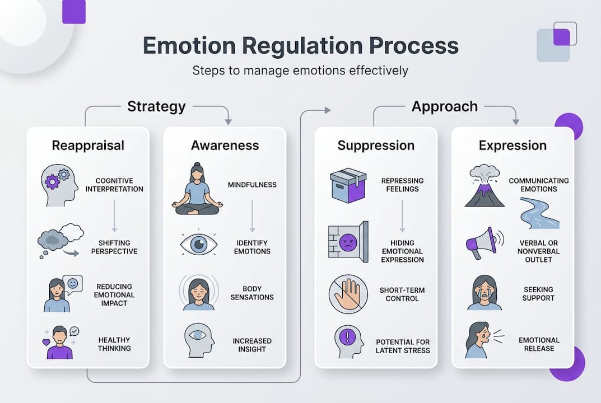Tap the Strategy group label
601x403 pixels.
point(156,106)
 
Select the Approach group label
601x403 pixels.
point(445,106)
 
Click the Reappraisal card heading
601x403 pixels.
point(88,146)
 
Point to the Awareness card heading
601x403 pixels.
point(225,146)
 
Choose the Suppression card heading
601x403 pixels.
point(376,146)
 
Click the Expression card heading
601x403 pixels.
point(513,146)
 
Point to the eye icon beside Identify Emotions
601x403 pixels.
point(198,245)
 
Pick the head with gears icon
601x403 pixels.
point(59,185)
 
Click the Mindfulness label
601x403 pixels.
point(252,185)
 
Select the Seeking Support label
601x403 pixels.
point(538,294)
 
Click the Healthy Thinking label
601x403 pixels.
point(114,344)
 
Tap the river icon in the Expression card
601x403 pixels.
point(539,214)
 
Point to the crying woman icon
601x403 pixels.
point(484,292)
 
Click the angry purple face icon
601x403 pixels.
point(348,242)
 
